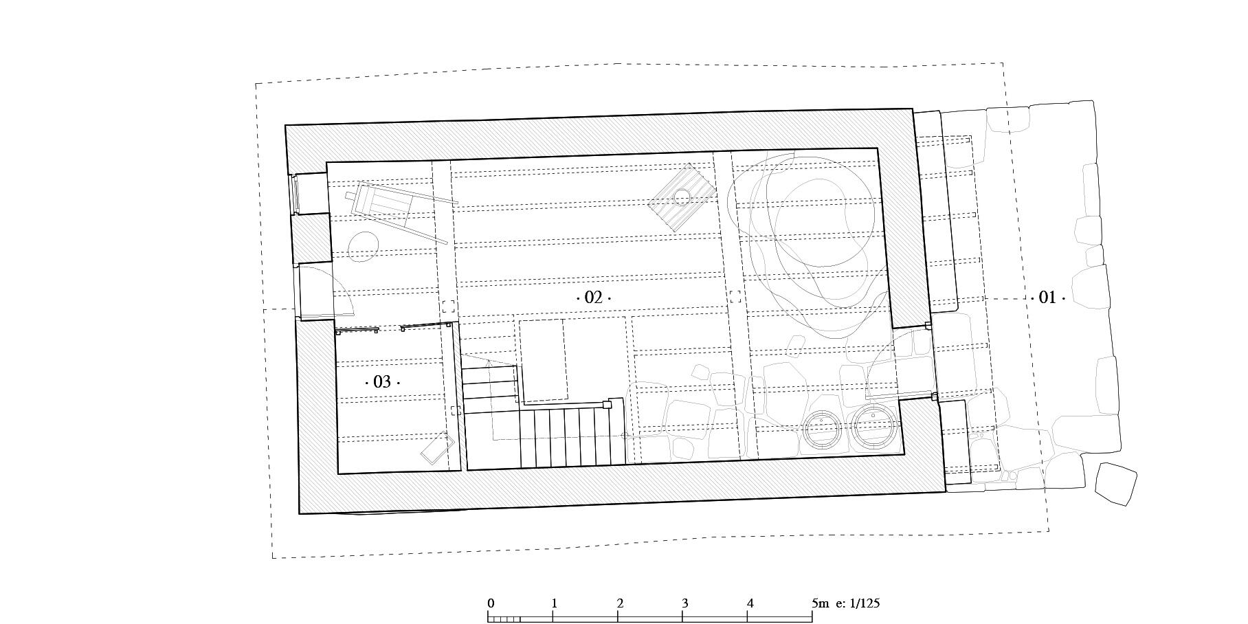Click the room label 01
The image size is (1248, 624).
click(x=1047, y=298)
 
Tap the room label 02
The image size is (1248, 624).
click(x=593, y=298)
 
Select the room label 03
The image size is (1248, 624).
click(x=382, y=381)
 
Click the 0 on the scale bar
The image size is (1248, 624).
click(x=491, y=603)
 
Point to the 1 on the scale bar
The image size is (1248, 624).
click(x=554, y=603)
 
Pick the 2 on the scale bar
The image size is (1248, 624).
click(x=620, y=603)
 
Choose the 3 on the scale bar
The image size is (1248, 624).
click(x=685, y=603)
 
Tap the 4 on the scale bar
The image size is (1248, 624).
click(x=750, y=603)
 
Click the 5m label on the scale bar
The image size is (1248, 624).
click(x=821, y=603)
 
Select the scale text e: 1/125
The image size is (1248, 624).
click(x=858, y=603)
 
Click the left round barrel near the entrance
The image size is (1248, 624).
click(x=822, y=429)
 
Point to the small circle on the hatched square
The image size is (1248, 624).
click(x=682, y=197)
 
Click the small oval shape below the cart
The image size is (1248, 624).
click(x=364, y=247)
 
